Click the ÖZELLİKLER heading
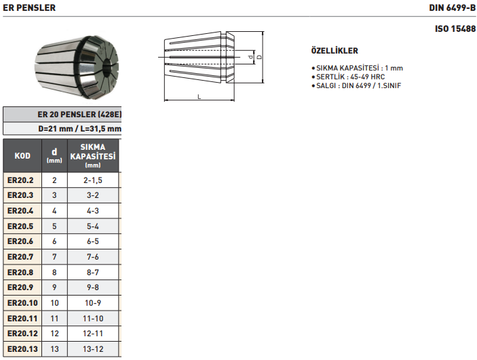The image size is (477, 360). tap(334, 51)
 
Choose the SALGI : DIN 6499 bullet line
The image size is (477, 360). tap(358, 86)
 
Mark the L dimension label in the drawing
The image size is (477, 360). tap(199, 97)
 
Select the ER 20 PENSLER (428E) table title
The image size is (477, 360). tap(79, 114)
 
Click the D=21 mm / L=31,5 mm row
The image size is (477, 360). tap(79, 128)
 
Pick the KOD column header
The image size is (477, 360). tap(22, 156)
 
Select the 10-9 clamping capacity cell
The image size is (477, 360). tap(93, 302)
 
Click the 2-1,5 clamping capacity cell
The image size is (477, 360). tap(93, 180)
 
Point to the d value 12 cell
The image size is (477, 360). tap(54, 333)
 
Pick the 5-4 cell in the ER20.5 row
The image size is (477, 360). tap(93, 226)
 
